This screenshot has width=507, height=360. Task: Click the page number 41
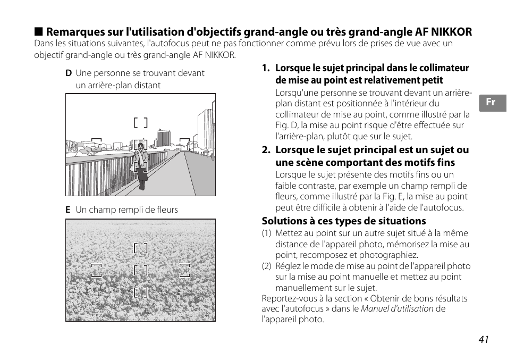(x=483, y=340)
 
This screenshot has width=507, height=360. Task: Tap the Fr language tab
(x=491, y=103)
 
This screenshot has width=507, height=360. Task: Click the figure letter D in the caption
(x=69, y=73)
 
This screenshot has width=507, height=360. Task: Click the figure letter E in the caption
(x=68, y=210)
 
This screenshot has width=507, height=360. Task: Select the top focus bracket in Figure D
(x=140, y=123)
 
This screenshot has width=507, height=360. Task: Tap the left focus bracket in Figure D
(x=96, y=145)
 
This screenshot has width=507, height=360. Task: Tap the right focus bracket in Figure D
(x=184, y=145)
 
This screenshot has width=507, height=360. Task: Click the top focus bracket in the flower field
(x=140, y=248)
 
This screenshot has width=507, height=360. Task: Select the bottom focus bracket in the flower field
(x=140, y=292)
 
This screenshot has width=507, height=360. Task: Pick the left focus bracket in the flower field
(x=96, y=270)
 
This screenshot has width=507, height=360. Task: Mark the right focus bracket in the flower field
(x=184, y=270)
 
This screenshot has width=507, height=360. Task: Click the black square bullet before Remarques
(x=38, y=32)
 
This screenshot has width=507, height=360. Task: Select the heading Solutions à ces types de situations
(x=343, y=221)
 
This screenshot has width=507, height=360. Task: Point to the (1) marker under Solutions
(x=266, y=233)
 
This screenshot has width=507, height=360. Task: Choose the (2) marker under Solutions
(x=266, y=266)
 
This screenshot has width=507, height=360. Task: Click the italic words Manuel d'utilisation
(x=397, y=309)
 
